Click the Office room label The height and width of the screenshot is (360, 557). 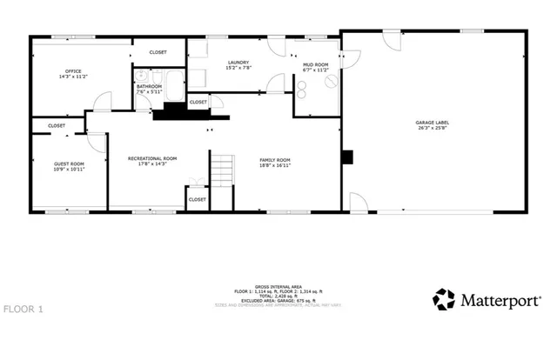[73, 71]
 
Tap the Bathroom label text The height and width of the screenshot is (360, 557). [149, 87]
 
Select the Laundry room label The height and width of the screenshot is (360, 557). [238, 62]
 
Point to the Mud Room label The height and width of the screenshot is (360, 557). [315, 64]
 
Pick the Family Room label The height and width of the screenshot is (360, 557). [276, 160]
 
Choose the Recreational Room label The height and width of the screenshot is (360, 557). [152, 157]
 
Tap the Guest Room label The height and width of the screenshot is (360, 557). [70, 163]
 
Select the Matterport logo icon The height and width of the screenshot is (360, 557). [444, 299]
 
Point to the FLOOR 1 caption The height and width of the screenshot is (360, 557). [23, 309]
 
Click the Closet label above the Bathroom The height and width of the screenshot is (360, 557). [158, 52]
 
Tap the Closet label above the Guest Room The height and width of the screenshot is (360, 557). [57, 125]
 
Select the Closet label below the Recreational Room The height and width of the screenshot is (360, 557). [198, 199]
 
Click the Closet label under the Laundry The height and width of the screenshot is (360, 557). [198, 103]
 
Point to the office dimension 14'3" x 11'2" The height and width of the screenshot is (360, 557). [73, 77]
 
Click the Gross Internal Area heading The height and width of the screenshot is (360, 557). [278, 285]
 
